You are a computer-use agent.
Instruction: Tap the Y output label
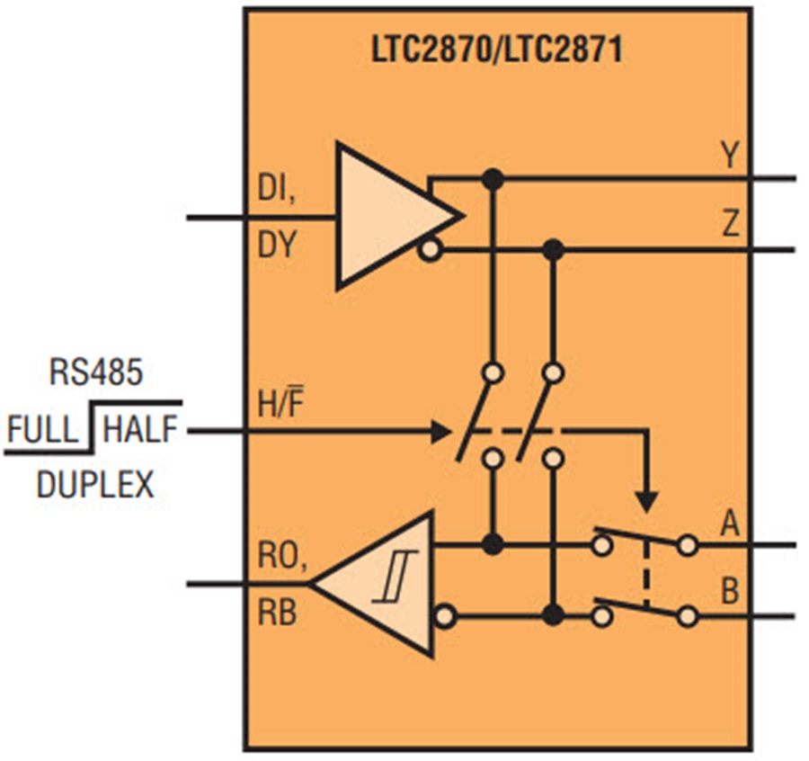click(x=729, y=156)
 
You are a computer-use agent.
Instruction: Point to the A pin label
click(x=729, y=523)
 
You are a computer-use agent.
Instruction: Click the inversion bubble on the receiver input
click(x=442, y=617)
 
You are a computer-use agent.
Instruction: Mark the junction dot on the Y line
click(x=491, y=179)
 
